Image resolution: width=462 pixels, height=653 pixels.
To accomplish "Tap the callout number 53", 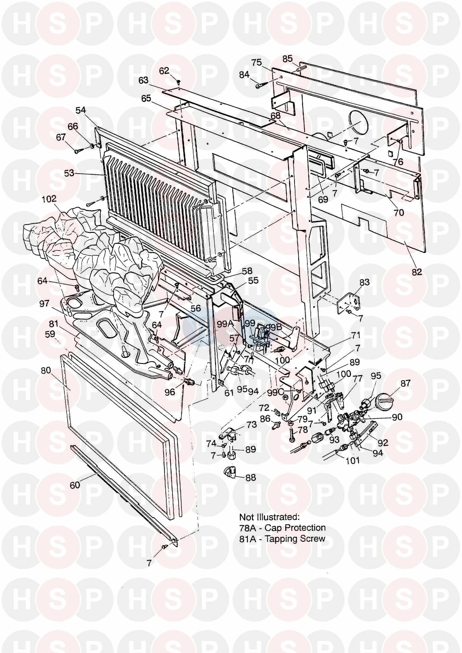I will click(69, 173).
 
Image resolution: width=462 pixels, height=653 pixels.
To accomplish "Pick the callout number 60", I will click(75, 485).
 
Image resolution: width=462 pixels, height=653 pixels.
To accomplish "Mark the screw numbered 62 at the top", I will click(178, 82).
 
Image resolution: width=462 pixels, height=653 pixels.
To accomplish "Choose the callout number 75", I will click(256, 63).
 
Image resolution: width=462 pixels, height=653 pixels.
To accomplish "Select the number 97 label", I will click(44, 303).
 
